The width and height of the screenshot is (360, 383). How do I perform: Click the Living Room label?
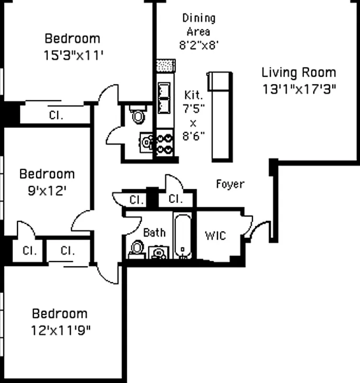pyautogui.click(x=298, y=73)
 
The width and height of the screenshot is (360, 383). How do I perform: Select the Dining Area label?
pyautogui.click(x=199, y=25)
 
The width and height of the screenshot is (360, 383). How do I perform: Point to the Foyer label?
pyautogui.click(x=230, y=184)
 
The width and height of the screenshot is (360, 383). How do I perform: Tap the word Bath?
pyautogui.click(x=155, y=233)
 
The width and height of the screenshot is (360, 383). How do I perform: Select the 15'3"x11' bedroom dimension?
pyautogui.click(x=73, y=55)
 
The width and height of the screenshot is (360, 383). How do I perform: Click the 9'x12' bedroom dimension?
pyautogui.click(x=46, y=191)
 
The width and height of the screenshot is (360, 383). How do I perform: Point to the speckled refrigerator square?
pyautogui.click(x=164, y=65)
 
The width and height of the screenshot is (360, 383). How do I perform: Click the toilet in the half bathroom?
pyautogui.click(x=139, y=115)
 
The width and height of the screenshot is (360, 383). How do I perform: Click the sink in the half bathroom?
pyautogui.click(x=146, y=142)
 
